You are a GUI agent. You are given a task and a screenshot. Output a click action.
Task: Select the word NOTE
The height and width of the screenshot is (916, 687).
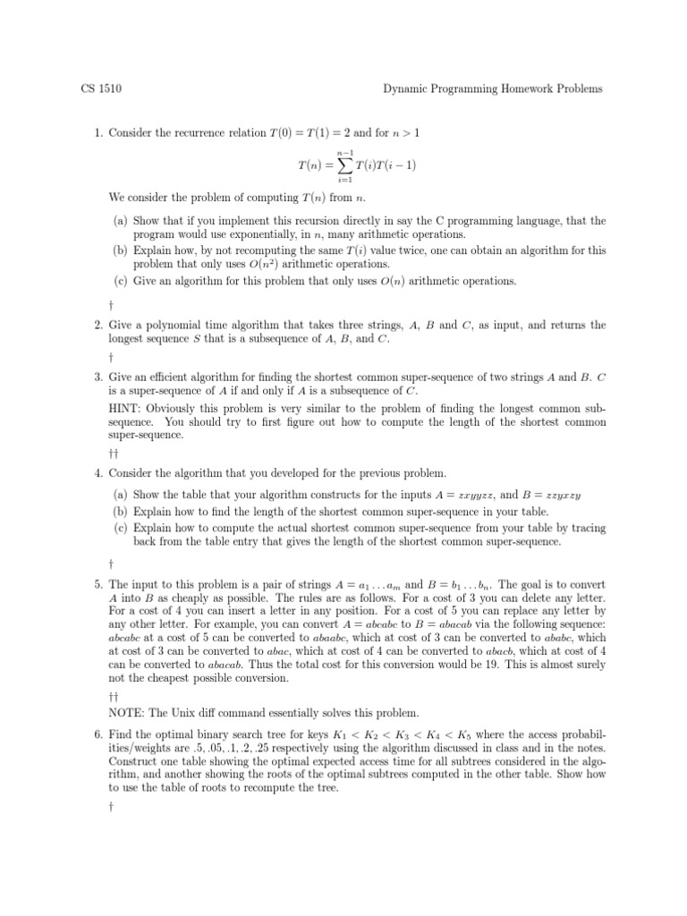[127, 713]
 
